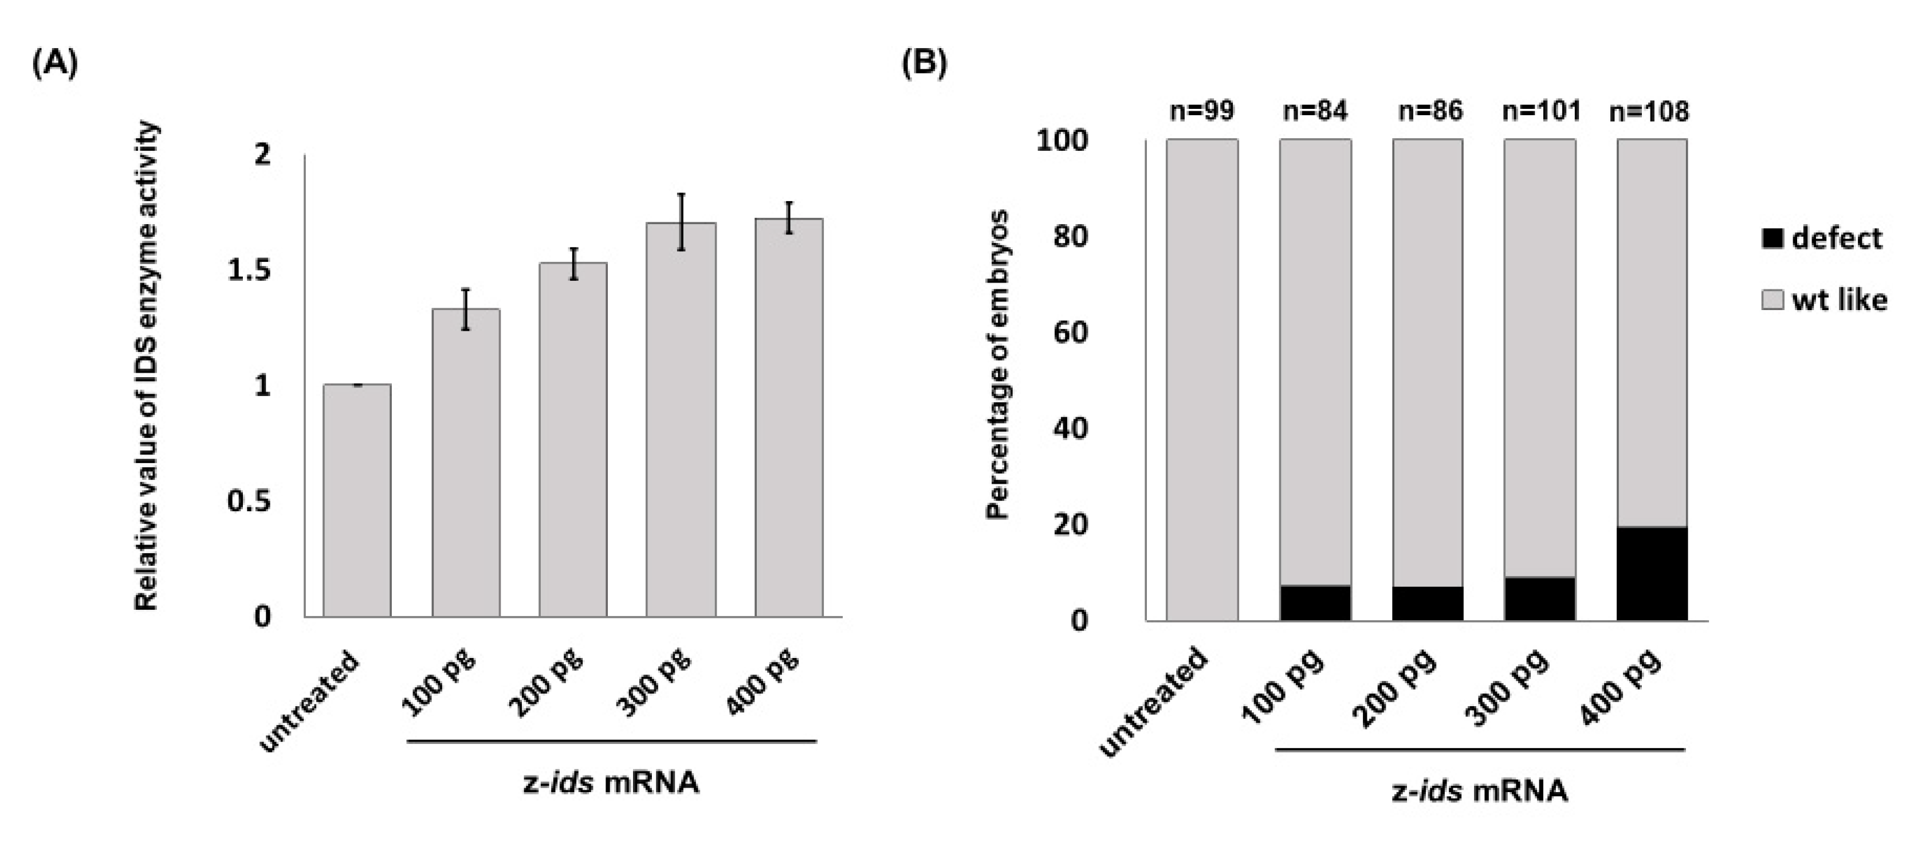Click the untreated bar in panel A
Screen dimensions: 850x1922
[x=357, y=500]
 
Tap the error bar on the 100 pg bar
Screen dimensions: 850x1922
[x=465, y=309]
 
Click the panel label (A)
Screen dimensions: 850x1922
[x=54, y=65]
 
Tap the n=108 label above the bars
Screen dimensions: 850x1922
[x=1649, y=112]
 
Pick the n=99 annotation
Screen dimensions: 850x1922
[x=1201, y=111]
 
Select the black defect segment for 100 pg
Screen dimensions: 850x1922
[x=1315, y=602]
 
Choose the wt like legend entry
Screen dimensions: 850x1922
[x=1824, y=300]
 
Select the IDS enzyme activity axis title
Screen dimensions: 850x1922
[x=147, y=366]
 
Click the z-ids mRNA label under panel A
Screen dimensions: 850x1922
[x=610, y=784]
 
